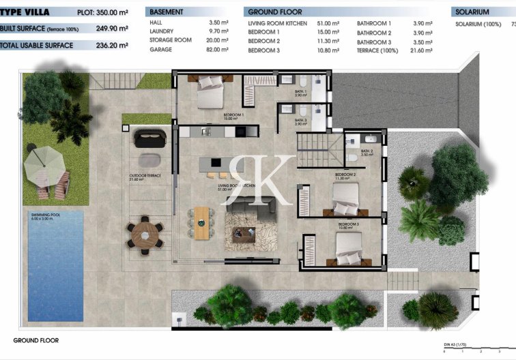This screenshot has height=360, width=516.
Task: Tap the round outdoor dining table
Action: (144, 233)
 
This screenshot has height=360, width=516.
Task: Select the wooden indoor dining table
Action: (202, 222)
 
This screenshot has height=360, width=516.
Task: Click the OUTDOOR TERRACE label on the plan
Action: (144, 176)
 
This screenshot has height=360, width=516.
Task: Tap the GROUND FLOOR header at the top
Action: (275, 12)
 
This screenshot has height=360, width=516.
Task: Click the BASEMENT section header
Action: (166, 12)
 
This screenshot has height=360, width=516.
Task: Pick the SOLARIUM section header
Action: (472, 12)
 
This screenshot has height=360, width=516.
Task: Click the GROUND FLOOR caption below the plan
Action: (35, 340)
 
